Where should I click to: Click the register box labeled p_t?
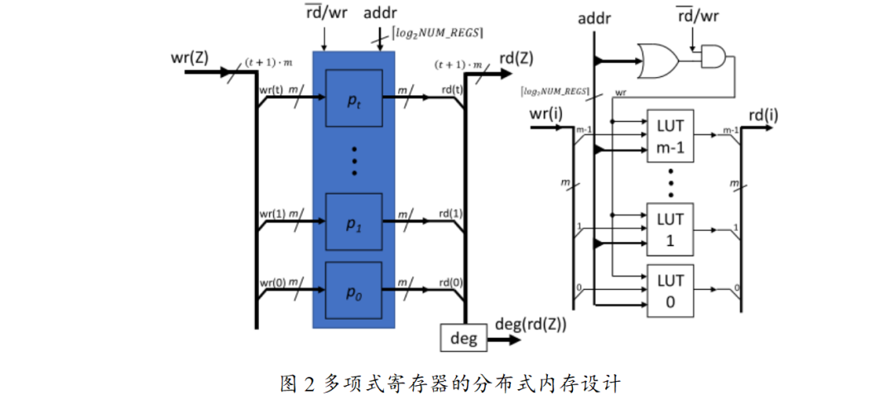(354, 99)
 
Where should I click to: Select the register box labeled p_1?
(354, 221)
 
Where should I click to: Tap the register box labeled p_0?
(354, 290)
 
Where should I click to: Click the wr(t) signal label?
(271, 89)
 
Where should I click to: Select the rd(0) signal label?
(450, 281)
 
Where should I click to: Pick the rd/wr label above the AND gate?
(697, 17)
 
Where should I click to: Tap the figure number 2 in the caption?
(310, 383)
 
